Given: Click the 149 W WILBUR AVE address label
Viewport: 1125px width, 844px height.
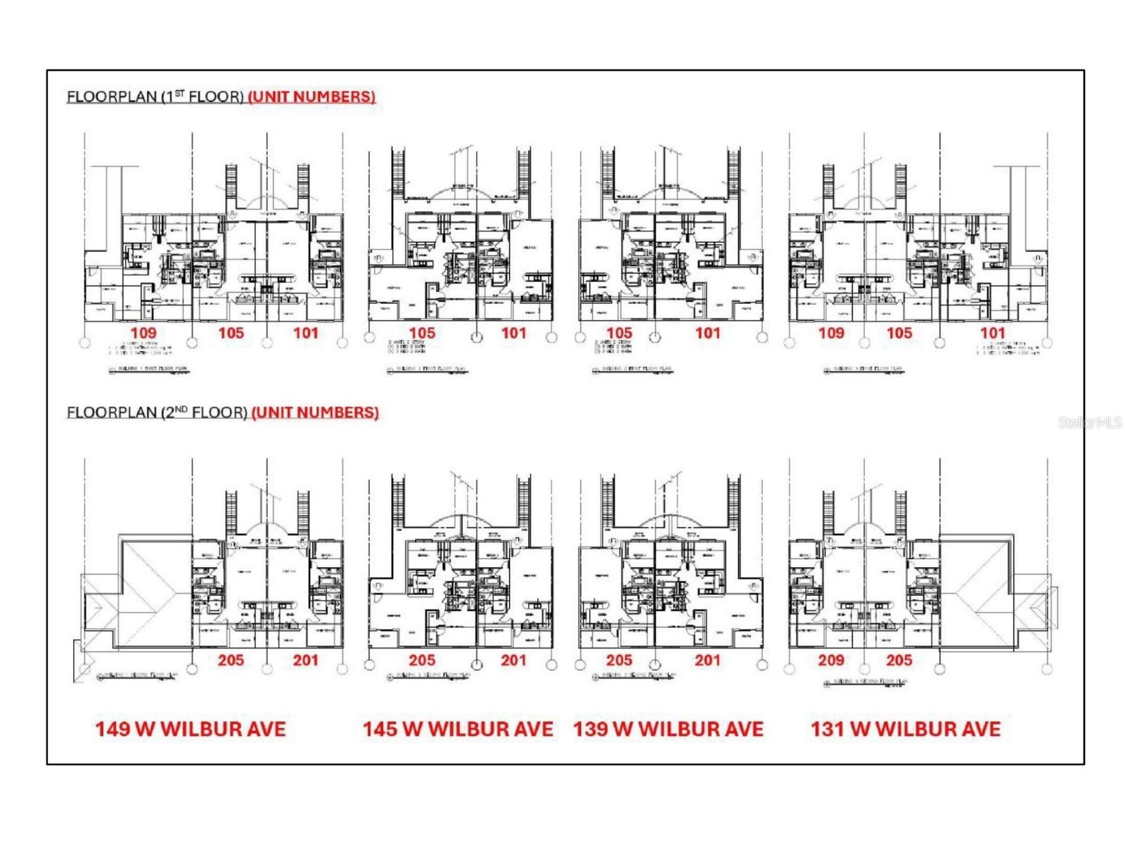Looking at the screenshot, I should (191, 729).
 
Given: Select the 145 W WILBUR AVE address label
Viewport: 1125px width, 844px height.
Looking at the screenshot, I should (458, 729).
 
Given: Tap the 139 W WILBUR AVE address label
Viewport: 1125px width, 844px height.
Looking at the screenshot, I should (668, 729).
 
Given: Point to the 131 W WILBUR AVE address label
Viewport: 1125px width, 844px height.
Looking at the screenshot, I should (906, 729).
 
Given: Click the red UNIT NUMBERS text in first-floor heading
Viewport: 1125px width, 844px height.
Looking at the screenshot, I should (311, 96).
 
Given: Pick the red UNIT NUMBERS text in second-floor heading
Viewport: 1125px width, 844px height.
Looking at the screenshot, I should (315, 412).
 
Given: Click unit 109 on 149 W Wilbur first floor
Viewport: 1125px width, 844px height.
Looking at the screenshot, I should (143, 333).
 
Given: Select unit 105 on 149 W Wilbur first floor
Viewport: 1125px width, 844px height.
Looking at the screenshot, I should (231, 333).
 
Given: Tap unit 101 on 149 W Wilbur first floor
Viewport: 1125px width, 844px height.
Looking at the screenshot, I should (305, 333).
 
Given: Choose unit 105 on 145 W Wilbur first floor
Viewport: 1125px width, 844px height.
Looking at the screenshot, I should (422, 333).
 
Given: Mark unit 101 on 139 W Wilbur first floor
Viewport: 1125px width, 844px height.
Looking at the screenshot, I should (707, 333).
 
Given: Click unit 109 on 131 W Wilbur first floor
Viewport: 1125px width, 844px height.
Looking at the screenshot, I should (831, 333).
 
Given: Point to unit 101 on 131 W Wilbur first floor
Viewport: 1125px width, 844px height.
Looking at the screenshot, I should (992, 333).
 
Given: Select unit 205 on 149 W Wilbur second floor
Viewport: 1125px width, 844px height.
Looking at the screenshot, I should (231, 660).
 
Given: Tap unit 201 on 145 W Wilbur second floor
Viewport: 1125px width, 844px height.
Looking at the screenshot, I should (513, 660).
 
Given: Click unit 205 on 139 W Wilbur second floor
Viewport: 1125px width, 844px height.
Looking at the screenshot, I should (619, 660).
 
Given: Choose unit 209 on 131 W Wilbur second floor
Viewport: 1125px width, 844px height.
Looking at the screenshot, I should (831, 660).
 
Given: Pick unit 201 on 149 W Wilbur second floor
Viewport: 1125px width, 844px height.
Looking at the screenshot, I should (305, 660).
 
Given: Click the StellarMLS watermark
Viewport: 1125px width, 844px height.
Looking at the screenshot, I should (1090, 423).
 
